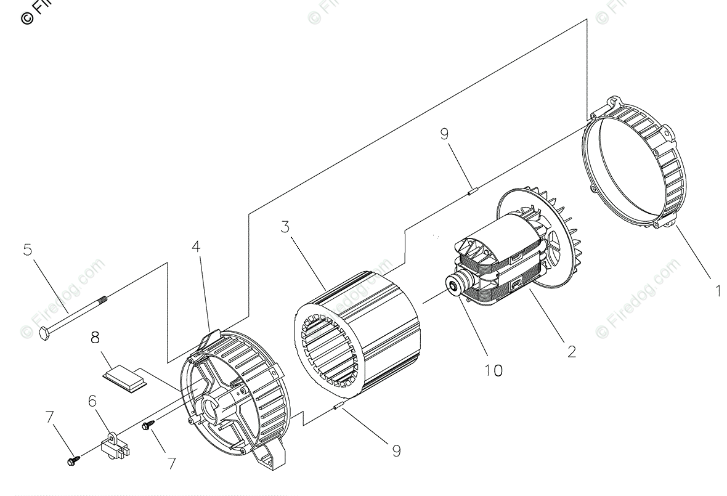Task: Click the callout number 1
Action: (717, 290)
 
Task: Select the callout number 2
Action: (572, 351)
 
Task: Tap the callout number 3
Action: (285, 226)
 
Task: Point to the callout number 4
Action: (196, 246)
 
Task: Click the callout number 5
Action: (27, 250)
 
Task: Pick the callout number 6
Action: (92, 401)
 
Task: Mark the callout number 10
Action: (493, 370)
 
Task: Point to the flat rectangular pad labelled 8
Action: (125, 377)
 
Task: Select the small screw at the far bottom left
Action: (72, 460)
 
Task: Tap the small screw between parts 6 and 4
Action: (148, 425)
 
